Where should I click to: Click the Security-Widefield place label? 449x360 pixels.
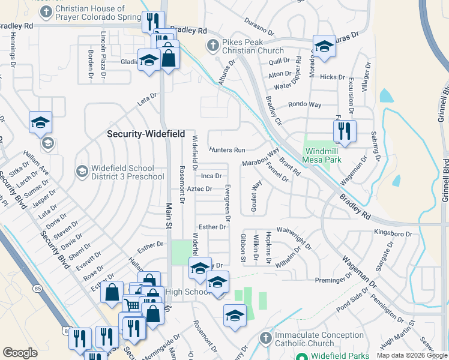pyautogui.click(x=146, y=134)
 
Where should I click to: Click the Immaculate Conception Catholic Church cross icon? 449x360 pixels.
pyautogui.click(x=265, y=339)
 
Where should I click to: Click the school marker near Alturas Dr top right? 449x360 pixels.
pyautogui.click(x=324, y=47)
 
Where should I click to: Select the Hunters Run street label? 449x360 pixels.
pyautogui.click(x=228, y=149)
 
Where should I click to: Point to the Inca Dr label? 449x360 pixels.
pyautogui.click(x=211, y=176)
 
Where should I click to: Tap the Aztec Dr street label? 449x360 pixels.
pyautogui.click(x=200, y=189)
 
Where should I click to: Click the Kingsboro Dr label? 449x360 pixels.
pyautogui.click(x=393, y=233)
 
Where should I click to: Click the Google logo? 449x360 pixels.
pyautogui.click(x=20, y=353)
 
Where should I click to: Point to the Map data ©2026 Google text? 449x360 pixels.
pyautogui.click(x=412, y=355)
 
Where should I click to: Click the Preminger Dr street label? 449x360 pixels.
pyautogui.click(x=333, y=280)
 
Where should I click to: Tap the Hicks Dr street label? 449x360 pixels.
pyautogui.click(x=333, y=77)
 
